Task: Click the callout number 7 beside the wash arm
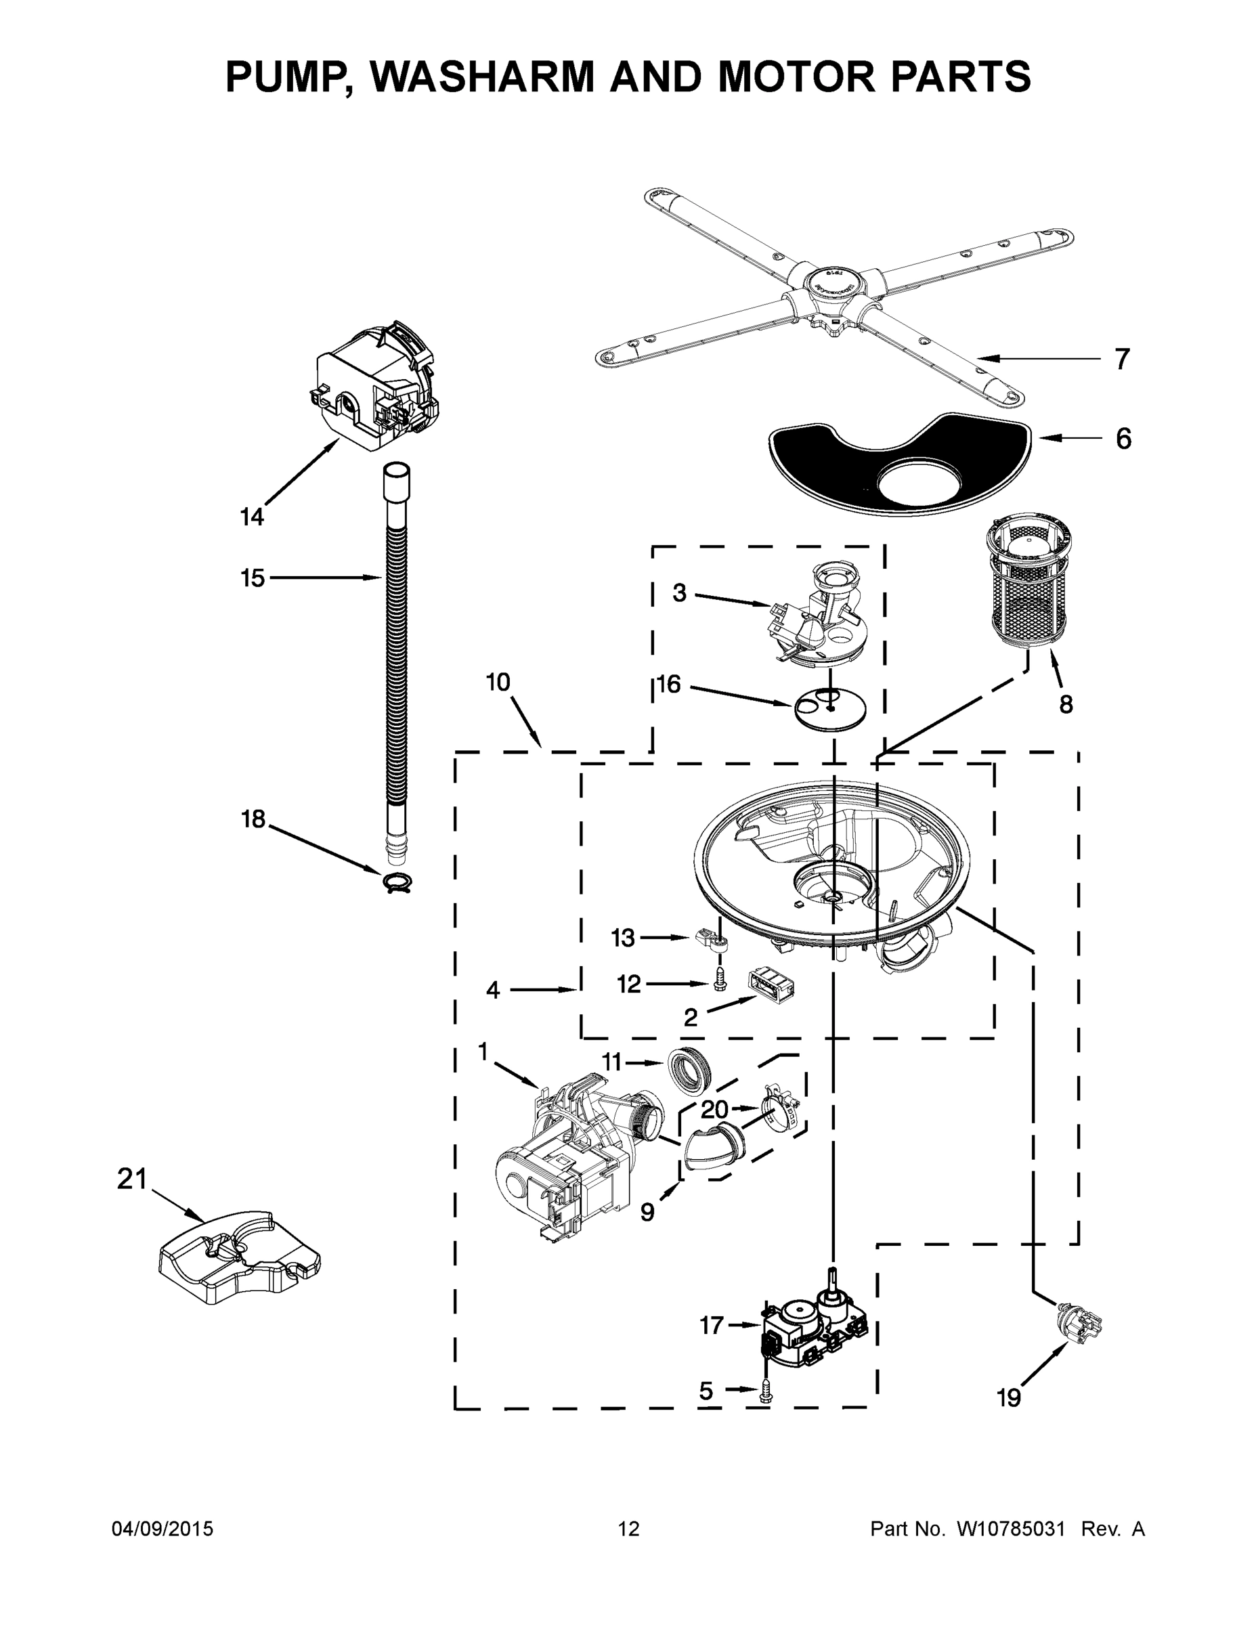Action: point(1122,360)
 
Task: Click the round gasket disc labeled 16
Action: point(830,709)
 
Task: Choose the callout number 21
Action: point(133,1179)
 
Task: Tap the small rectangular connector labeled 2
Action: point(772,988)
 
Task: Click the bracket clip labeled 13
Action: point(713,940)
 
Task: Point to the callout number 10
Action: point(498,682)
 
